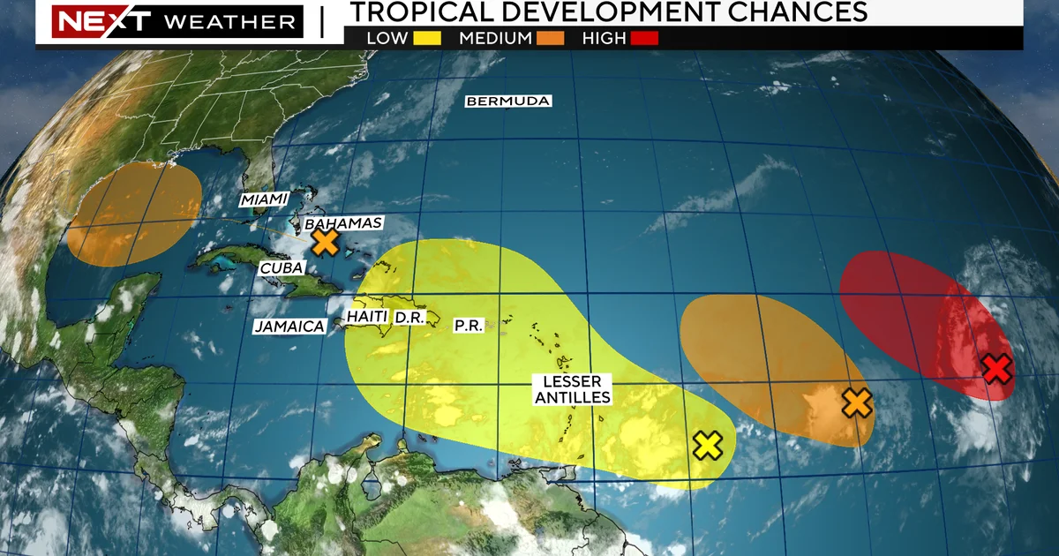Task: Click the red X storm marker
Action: pyautogui.click(x=996, y=369)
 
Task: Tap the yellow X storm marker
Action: pyautogui.click(x=708, y=446)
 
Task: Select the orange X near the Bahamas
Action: pyautogui.click(x=326, y=242)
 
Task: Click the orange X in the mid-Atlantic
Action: pyautogui.click(x=856, y=402)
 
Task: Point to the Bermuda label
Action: pyautogui.click(x=508, y=101)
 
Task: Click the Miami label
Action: pyautogui.click(x=264, y=199)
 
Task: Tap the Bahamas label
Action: pyautogui.click(x=343, y=222)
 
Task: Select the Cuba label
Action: pyautogui.click(x=282, y=267)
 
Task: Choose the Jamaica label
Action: pyautogui.click(x=289, y=326)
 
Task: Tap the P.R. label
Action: pyautogui.click(x=468, y=325)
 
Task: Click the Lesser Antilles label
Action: pyautogui.click(x=571, y=389)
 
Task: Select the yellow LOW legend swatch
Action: pyautogui.click(x=432, y=38)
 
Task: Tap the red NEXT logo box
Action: pyautogui.click(x=89, y=21)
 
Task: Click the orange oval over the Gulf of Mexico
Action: pyautogui.click(x=134, y=214)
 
